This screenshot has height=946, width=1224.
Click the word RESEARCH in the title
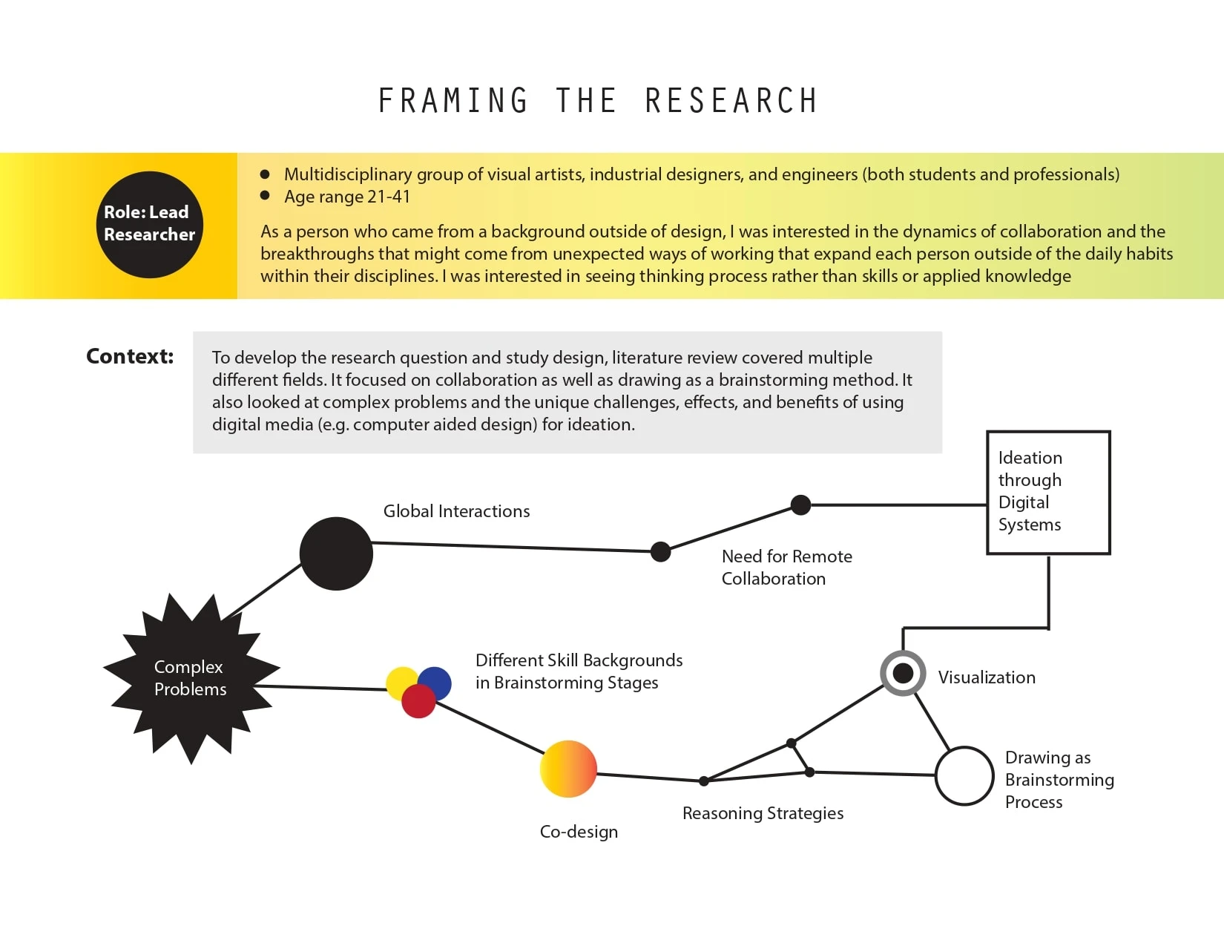[731, 101]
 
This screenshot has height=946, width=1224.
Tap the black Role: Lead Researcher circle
[149, 224]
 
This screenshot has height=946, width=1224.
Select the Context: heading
[130, 356]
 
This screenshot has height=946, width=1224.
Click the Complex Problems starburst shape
[190, 678]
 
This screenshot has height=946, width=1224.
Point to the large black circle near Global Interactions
[336, 554]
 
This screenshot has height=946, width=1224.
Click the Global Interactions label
[456, 511]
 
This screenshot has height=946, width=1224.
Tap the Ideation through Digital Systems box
[1047, 492]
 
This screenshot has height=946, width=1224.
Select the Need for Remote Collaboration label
[786, 568]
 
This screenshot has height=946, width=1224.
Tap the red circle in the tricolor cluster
[418, 702]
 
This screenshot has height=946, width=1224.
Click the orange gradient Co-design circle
[568, 769]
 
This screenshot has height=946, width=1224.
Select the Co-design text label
[579, 832]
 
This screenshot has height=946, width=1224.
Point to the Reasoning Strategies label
[763, 813]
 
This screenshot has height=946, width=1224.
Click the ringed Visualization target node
[903, 673]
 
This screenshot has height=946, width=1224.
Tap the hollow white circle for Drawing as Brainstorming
[964, 775]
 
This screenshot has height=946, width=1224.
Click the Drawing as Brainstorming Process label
[1059, 779]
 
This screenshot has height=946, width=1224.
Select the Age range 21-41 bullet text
[346, 197]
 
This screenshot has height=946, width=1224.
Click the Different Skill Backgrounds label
[579, 671]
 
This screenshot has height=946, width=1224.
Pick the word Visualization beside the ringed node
[987, 677]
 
